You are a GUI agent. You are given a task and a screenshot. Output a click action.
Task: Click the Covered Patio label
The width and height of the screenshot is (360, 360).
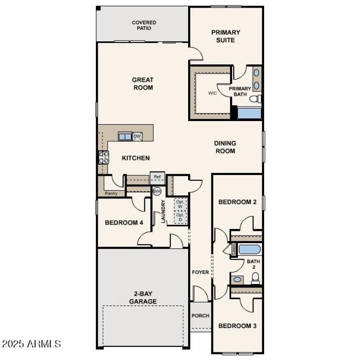[144, 25]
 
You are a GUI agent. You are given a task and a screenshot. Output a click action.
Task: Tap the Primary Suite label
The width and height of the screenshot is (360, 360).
[225, 36]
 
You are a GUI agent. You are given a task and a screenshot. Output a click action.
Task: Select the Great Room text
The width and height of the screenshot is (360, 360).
[143, 84]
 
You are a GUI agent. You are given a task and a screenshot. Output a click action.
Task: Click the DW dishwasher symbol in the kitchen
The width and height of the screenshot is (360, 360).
[137, 136]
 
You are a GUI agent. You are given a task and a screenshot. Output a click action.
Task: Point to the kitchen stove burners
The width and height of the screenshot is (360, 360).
[103, 157]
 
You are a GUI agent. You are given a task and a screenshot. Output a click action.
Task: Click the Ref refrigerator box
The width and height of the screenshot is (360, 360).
[157, 177]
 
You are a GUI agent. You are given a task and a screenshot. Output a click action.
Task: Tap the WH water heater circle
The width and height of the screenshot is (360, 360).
[157, 191]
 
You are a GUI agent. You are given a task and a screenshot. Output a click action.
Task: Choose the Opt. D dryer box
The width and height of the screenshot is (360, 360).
[180, 217]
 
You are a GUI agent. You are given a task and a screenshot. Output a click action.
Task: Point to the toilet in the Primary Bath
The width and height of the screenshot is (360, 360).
[256, 99]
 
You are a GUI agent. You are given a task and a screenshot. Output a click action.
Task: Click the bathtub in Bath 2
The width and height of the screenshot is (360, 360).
[247, 249]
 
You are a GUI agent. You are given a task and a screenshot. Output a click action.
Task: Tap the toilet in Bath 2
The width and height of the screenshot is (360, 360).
[255, 279]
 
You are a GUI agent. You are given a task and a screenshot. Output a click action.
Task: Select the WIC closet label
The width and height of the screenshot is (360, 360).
[212, 94]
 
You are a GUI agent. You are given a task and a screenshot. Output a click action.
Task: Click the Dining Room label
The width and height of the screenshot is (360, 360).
[225, 147]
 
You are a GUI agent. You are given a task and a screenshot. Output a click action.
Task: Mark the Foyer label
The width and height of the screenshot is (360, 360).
[200, 272]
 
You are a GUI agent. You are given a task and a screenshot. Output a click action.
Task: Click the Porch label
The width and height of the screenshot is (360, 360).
[200, 315]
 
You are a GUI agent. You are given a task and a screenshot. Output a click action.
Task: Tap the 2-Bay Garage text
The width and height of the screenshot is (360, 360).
[143, 297]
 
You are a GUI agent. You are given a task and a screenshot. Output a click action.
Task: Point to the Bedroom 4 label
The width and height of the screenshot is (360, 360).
[124, 222]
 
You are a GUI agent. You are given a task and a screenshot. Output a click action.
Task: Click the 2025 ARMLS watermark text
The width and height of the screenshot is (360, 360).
[31, 344]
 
